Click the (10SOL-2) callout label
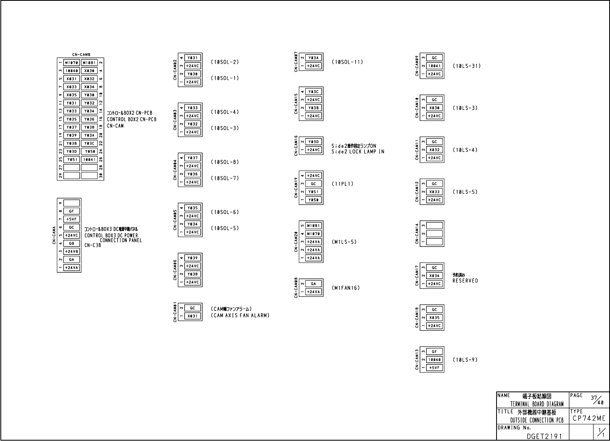(225, 62)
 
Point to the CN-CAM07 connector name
(296, 62)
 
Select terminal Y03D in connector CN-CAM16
(313, 142)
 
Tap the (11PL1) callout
(342, 184)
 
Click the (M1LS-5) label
(344, 242)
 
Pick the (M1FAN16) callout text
(346, 288)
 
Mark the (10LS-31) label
(466, 66)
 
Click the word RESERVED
(465, 281)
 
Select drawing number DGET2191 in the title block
(542, 436)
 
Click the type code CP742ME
(589, 419)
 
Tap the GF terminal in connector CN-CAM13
(434, 352)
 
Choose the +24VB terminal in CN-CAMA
(72, 251)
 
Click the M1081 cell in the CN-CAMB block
(89, 63)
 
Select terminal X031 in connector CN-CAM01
(192, 316)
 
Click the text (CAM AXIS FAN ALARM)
(240, 316)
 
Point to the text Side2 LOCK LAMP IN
(358, 152)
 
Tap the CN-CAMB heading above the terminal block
(81, 54)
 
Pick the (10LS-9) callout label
(465, 360)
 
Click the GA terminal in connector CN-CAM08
(313, 284)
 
